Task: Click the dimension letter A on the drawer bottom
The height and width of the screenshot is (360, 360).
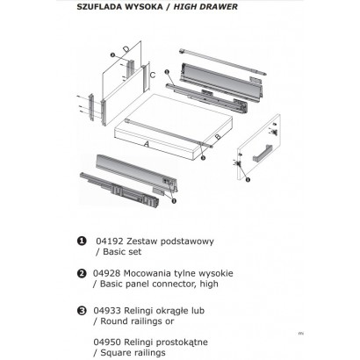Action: [147, 144]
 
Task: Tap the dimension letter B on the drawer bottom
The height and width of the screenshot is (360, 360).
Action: [218, 137]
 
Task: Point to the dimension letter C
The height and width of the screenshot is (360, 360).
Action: [153, 76]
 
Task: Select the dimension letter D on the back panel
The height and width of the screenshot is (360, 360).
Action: [126, 49]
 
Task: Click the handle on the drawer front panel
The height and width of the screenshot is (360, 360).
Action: [263, 153]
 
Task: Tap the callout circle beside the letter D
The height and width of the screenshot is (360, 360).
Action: [112, 54]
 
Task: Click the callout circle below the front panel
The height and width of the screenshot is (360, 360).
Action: [248, 179]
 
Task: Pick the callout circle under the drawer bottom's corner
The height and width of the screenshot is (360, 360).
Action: [203, 158]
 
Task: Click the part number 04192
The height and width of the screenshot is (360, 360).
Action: [110, 241]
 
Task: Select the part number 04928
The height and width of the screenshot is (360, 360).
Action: [107, 273]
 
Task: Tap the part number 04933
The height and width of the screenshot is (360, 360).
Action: [107, 311]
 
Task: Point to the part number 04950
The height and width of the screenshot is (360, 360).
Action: [107, 342]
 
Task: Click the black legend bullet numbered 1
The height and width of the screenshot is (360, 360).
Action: [82, 241]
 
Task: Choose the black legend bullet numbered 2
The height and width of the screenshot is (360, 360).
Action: [82, 273]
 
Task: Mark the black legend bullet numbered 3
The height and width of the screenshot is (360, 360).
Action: [82, 311]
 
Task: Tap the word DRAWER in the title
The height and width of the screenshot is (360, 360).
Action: [220, 7]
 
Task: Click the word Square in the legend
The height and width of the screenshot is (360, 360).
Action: [114, 353]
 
